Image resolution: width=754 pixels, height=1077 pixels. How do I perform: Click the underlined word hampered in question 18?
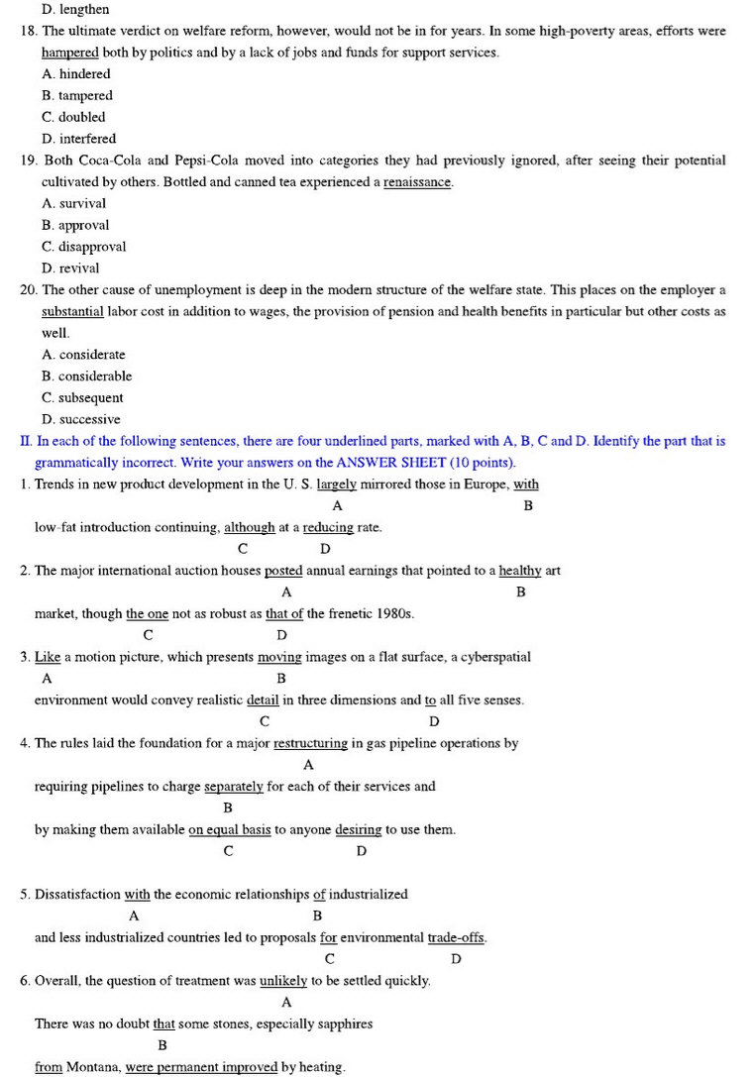click(69, 53)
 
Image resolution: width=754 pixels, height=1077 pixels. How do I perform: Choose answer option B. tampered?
click(77, 96)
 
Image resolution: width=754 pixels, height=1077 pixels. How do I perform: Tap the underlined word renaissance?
click(417, 182)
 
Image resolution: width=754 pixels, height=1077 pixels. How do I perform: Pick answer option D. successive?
click(81, 419)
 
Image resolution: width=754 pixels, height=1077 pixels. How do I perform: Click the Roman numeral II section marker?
click(26, 441)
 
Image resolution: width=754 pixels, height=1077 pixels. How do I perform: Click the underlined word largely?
click(337, 485)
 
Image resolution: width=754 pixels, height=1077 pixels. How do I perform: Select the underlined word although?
click(249, 528)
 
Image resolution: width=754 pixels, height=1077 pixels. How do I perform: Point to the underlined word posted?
click(283, 571)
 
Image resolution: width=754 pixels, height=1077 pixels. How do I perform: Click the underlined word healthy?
click(520, 571)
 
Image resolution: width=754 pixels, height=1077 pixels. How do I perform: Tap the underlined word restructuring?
click(310, 743)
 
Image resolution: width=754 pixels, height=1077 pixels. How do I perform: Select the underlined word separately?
click(234, 787)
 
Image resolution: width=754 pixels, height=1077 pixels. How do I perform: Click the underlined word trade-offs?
click(457, 937)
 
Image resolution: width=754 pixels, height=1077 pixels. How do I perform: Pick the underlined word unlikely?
click(283, 981)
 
